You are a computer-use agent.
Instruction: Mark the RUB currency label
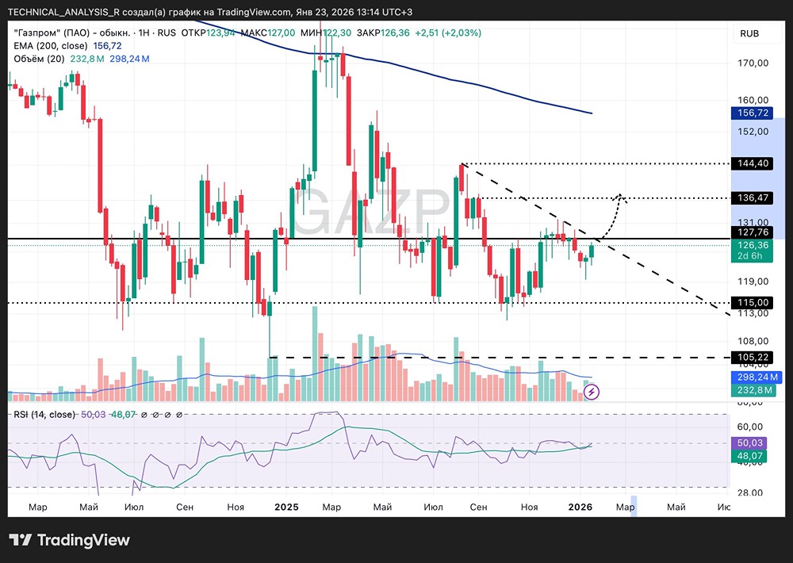click(x=749, y=33)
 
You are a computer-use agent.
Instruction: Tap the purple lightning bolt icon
click(x=592, y=391)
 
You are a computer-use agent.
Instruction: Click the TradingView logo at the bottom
click(x=70, y=540)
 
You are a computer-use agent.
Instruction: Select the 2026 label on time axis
click(x=580, y=506)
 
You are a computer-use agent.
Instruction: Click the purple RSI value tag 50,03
click(x=749, y=442)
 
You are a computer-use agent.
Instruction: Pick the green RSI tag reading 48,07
click(x=749, y=456)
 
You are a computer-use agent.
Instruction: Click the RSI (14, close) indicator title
click(x=44, y=414)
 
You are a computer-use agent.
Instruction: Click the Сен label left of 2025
click(x=185, y=506)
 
